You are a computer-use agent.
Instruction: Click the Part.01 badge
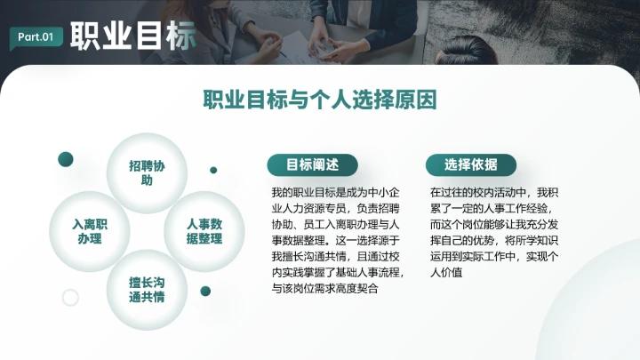tap(36, 36)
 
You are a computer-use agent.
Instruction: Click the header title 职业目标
tap(132, 36)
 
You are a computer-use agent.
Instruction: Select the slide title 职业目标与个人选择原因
tap(320, 99)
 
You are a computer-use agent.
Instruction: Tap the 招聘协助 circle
tap(147, 173)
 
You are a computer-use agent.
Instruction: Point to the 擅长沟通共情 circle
tap(147, 290)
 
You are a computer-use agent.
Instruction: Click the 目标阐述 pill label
tap(312, 164)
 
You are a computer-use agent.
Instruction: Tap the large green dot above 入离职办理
tap(65, 159)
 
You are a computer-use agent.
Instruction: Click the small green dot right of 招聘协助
tap(213, 170)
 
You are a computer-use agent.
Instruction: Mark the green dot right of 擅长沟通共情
tap(205, 291)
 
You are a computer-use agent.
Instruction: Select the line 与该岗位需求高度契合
tap(325, 288)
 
